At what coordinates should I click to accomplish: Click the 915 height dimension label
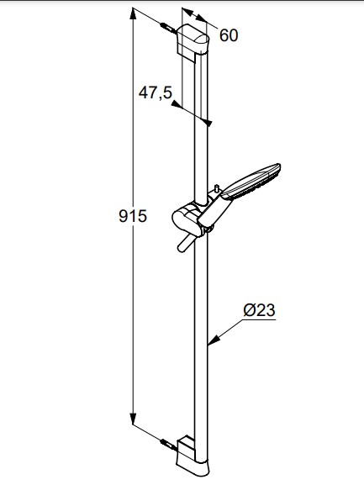tap(133, 216)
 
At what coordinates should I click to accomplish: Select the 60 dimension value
tap(229, 35)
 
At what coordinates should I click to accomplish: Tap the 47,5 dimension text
tap(155, 92)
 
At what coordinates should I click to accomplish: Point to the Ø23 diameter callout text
tap(259, 310)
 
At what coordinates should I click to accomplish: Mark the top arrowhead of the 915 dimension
tap(133, 14)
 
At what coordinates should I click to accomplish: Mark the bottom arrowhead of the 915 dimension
tap(133, 419)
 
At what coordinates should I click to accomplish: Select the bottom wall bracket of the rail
tap(193, 456)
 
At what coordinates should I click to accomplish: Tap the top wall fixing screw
tap(168, 28)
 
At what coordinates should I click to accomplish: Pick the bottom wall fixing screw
tap(168, 445)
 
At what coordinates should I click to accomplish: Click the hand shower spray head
tap(251, 182)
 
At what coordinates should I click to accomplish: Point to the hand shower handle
tap(215, 212)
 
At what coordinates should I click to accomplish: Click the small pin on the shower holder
tap(217, 188)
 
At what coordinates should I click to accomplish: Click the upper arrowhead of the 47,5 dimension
tap(176, 104)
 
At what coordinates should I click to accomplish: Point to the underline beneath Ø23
tap(259, 319)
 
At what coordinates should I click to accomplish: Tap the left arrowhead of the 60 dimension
tap(187, 12)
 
